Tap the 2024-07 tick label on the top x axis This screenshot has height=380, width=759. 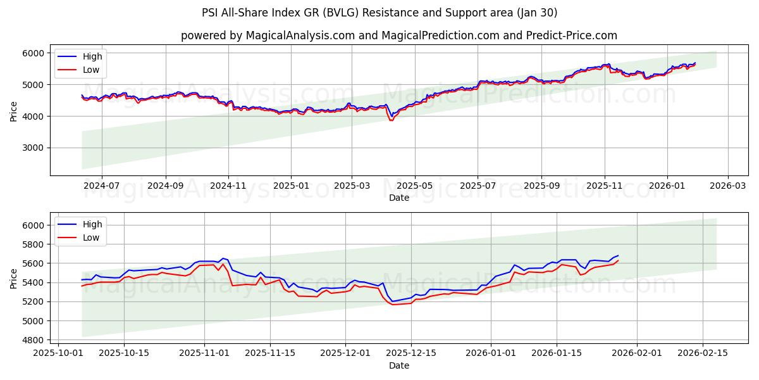[101, 186]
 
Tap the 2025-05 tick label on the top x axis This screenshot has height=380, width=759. [415, 186]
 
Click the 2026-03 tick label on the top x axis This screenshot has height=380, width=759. [727, 186]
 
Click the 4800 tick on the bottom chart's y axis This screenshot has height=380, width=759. [34, 340]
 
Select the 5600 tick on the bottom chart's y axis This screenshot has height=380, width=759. [34, 263]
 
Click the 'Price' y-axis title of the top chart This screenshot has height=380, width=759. [14, 110]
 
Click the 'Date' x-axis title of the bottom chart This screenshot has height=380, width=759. [398, 365]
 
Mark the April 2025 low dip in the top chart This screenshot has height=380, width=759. [391, 120]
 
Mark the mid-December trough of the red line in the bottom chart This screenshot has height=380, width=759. [392, 305]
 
